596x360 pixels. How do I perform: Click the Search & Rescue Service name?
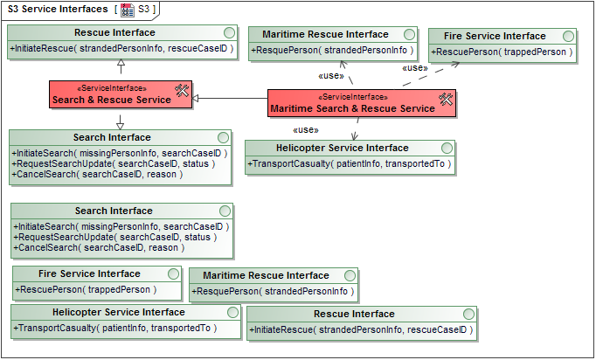click(x=111, y=100)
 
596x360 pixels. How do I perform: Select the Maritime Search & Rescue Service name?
click(x=352, y=108)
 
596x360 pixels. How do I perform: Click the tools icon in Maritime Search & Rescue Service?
click(x=446, y=100)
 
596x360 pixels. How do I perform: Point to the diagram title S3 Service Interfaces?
click(x=58, y=9)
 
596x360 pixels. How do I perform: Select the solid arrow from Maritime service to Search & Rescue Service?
click(x=232, y=100)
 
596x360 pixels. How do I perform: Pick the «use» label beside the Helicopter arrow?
click(x=305, y=129)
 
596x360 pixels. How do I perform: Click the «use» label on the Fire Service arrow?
click(x=414, y=68)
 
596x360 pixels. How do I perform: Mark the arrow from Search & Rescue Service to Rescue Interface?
click(x=121, y=70)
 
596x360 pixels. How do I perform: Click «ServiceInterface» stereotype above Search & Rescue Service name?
click(x=112, y=88)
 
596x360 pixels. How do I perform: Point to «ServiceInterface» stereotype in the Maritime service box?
click(x=352, y=96)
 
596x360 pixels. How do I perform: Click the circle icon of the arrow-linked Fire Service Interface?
click(x=569, y=36)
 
